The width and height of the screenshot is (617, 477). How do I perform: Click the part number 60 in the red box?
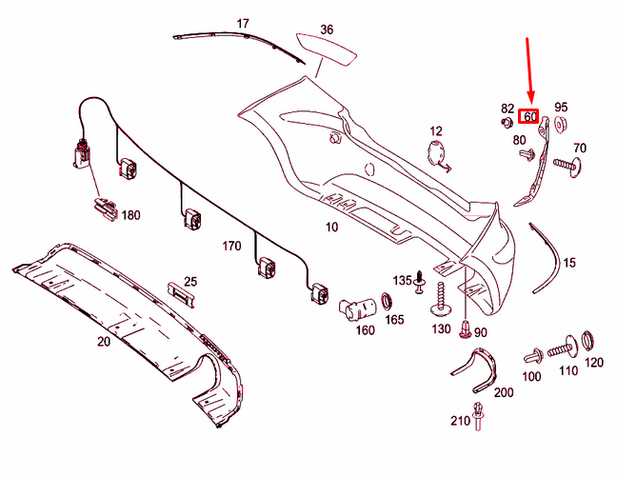point(530,117)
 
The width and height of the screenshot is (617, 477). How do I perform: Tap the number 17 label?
point(243,23)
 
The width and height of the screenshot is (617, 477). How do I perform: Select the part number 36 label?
point(327,30)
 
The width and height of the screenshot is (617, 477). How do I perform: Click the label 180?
point(129,215)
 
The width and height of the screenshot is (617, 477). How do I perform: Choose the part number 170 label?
point(231,246)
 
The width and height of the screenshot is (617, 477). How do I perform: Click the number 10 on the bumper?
point(331,228)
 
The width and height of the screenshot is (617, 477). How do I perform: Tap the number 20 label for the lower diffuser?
point(103,340)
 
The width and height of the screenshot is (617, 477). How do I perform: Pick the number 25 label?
point(190,281)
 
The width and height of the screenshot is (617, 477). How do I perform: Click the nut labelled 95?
point(560,125)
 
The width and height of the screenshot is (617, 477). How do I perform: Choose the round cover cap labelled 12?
point(437,150)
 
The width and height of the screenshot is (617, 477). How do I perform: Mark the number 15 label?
point(569,262)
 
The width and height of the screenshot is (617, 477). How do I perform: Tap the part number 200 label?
point(504,391)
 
